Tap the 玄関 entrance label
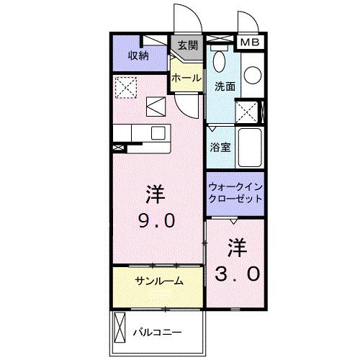(187, 45)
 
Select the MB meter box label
(250, 42)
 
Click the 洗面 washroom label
(225, 86)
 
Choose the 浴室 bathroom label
(220, 148)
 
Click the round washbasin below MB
(253, 75)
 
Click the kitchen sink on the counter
(158, 133)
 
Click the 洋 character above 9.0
(154, 193)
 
